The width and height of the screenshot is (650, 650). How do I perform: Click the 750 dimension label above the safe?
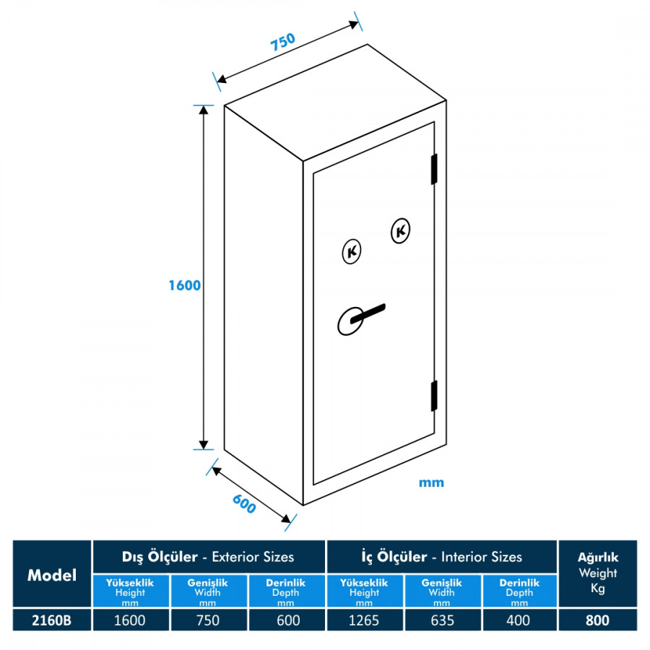click(283, 41)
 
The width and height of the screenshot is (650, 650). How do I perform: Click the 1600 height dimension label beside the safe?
click(184, 285)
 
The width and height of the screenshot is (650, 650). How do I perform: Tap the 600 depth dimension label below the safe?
click(244, 503)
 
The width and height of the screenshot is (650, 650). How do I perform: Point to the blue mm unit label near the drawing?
click(431, 482)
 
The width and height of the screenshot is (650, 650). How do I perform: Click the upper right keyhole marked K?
click(400, 230)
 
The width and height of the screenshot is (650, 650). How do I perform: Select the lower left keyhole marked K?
click(352, 251)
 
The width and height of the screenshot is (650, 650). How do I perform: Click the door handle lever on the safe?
click(368, 313)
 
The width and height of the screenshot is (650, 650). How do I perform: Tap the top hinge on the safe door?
click(434, 169)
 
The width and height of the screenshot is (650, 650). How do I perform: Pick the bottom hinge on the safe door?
click(434, 396)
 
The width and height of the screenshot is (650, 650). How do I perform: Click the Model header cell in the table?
click(52, 575)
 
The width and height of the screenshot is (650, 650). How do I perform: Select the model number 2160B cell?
click(52, 620)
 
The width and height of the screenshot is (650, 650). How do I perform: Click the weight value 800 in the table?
click(597, 620)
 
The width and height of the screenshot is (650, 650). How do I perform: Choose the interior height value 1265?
click(364, 620)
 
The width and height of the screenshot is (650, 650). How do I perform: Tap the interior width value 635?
click(442, 620)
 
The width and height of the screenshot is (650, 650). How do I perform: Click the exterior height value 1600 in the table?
click(130, 620)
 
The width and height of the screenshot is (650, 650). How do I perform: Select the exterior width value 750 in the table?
click(208, 620)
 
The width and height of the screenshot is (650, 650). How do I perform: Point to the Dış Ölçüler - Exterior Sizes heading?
click(208, 557)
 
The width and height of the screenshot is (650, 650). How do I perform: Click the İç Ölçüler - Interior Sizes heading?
click(441, 557)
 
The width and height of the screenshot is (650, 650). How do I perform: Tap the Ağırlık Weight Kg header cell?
click(597, 573)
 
